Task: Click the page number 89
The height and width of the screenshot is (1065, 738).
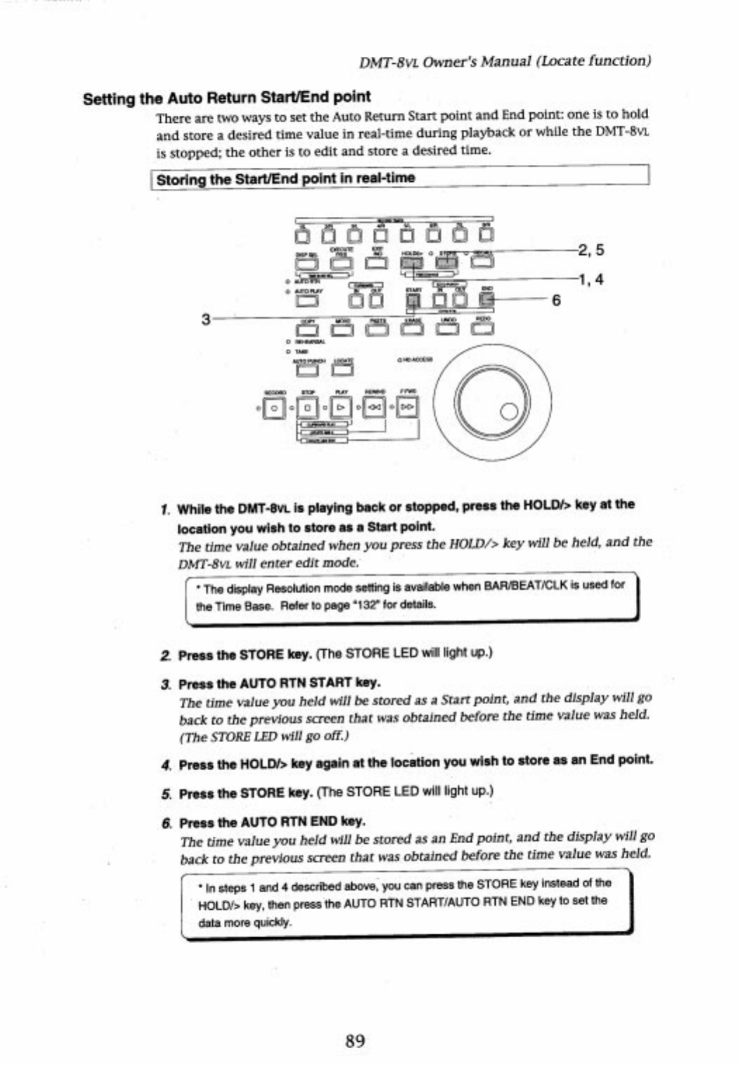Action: point(355,1040)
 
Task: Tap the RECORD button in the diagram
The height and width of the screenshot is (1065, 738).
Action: point(274,407)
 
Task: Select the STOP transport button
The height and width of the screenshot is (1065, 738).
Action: point(308,407)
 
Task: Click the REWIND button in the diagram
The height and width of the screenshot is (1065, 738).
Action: point(375,407)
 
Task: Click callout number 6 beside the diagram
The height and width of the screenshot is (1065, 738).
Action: point(556,300)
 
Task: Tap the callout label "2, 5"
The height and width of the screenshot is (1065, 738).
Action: point(591,250)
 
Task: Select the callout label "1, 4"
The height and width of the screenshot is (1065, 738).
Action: point(591,279)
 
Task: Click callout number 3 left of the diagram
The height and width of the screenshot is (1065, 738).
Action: point(205,319)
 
